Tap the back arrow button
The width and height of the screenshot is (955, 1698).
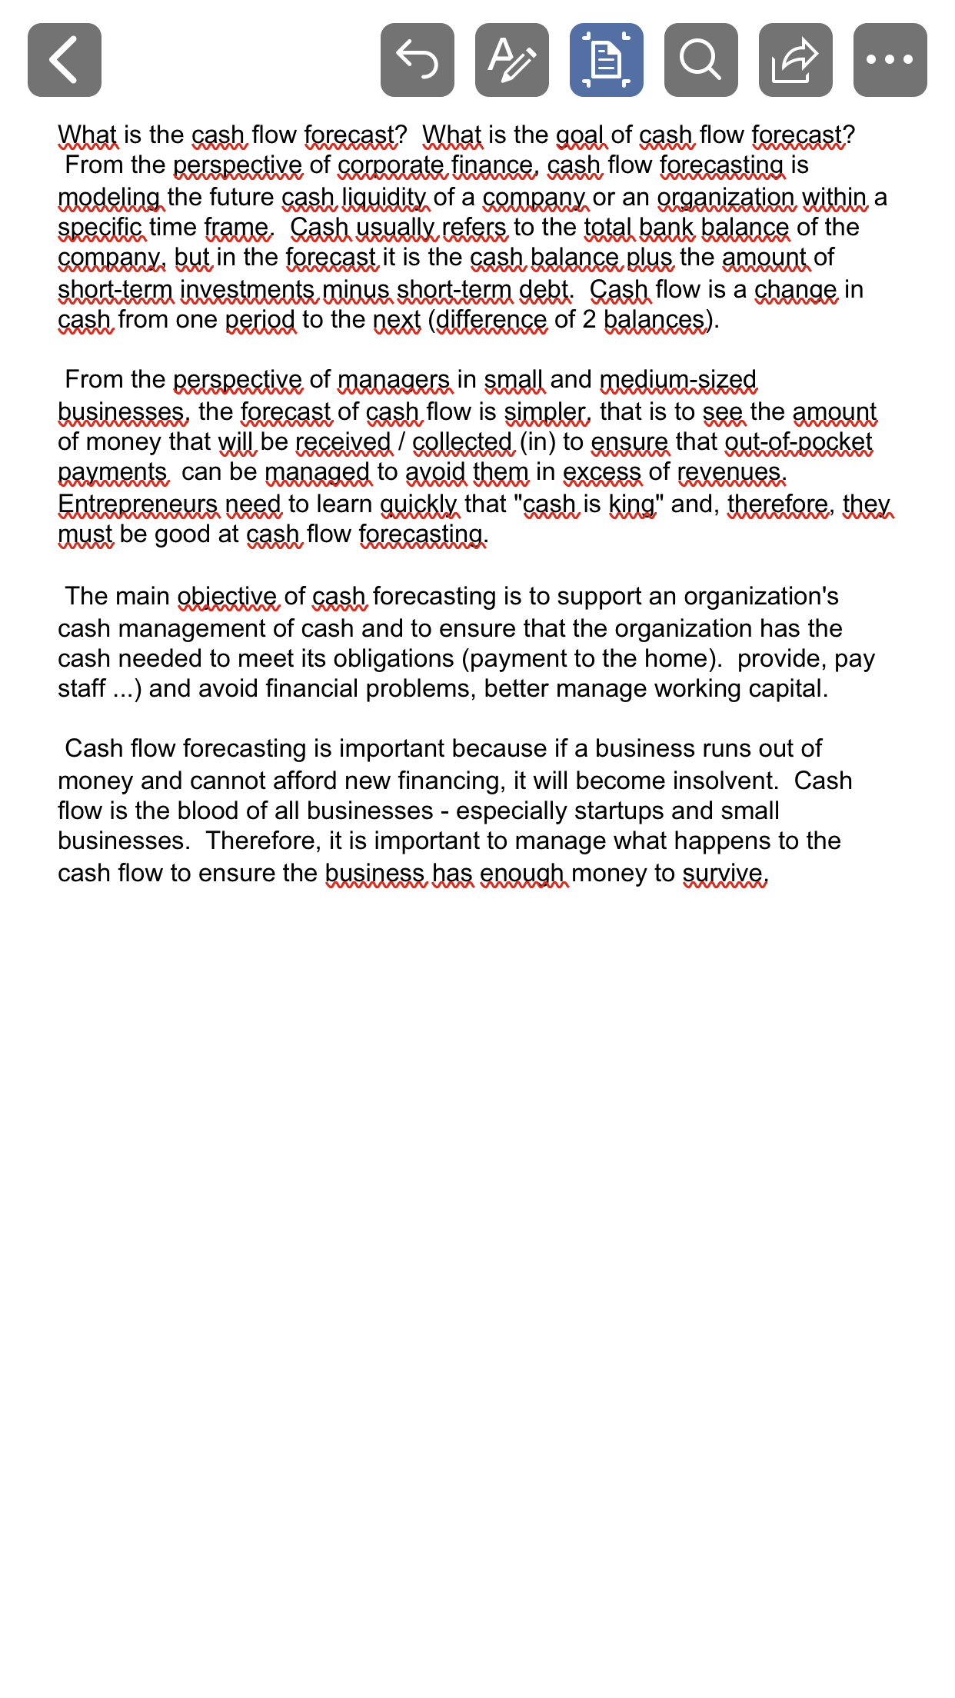(65, 60)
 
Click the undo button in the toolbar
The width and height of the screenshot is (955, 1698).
(418, 60)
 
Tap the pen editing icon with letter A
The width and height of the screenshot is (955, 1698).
(512, 60)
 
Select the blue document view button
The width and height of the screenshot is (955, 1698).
(607, 60)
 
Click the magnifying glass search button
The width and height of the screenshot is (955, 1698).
(701, 60)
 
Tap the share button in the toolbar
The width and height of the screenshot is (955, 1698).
(796, 60)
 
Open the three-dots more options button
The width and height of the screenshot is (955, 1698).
(890, 60)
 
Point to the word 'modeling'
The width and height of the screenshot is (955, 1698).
(109, 198)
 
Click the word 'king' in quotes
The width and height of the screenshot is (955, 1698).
(632, 504)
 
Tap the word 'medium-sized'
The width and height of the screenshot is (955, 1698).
(678, 380)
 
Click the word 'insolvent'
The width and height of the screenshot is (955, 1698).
(725, 781)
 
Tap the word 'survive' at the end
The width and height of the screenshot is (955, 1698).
(723, 874)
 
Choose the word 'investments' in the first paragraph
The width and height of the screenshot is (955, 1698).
(248, 290)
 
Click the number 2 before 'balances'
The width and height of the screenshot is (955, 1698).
(589, 320)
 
